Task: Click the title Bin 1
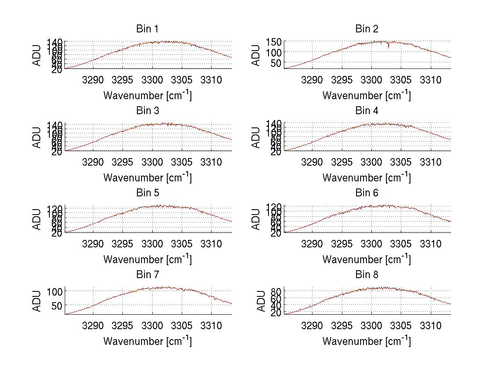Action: click(x=147, y=29)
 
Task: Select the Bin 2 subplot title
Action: click(x=366, y=29)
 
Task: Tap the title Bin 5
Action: click(x=147, y=193)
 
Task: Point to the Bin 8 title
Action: click(x=366, y=275)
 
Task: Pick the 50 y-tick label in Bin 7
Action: click(x=57, y=305)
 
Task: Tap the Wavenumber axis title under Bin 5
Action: click(x=147, y=259)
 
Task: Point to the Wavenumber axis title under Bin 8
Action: click(x=366, y=341)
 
